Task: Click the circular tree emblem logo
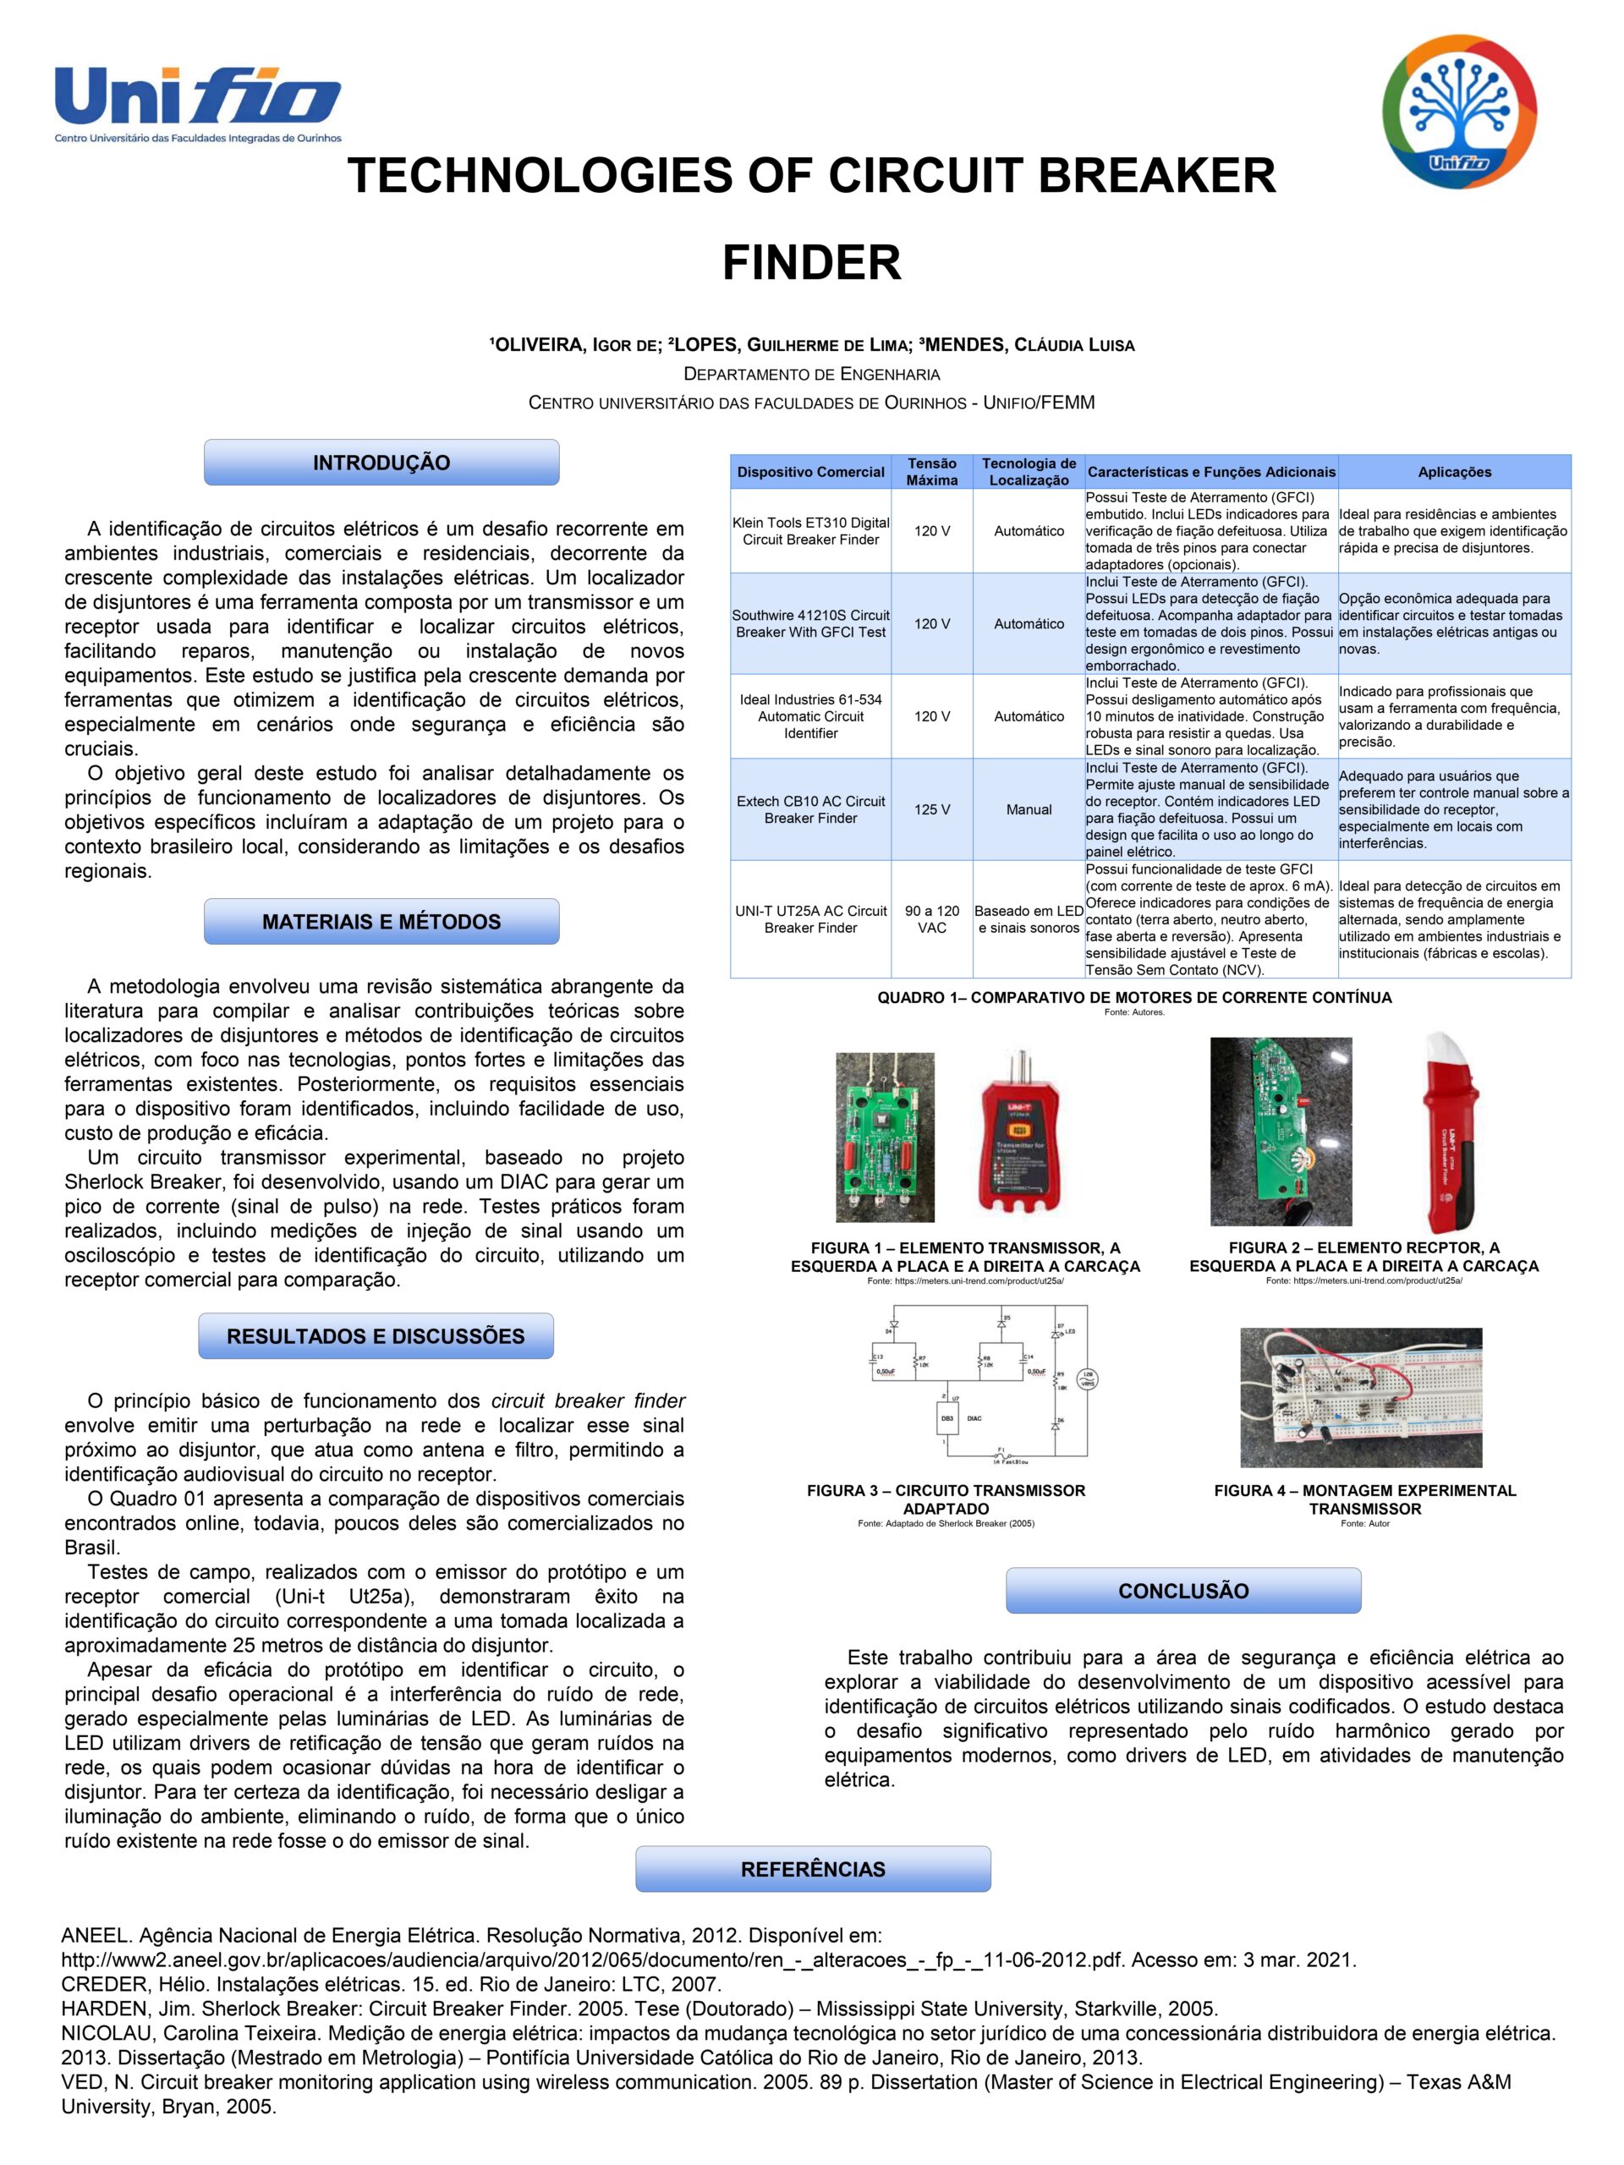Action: coord(1458,111)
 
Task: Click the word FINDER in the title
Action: coord(811,262)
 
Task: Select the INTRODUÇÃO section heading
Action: coord(381,463)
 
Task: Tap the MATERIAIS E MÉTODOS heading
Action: coord(381,921)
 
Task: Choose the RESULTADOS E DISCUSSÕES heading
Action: coord(376,1336)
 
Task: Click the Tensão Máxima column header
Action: coord(931,472)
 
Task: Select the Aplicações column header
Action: coord(1454,472)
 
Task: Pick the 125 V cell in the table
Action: coord(931,809)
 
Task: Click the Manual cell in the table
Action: coord(1028,809)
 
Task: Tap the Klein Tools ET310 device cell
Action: coord(810,530)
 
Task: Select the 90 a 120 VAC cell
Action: coord(931,918)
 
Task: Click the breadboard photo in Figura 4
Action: coord(1361,1397)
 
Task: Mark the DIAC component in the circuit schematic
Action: coord(946,1418)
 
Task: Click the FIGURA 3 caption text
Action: coord(946,1499)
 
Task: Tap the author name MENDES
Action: coord(965,344)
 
